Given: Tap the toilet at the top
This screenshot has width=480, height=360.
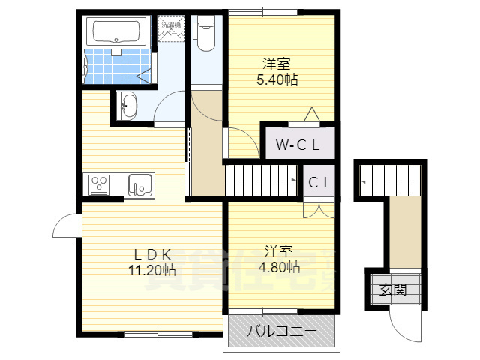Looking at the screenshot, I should point(204,34).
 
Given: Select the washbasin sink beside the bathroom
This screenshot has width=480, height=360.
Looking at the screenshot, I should point(128,105).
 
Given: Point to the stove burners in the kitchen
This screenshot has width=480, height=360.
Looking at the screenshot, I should point(100,184).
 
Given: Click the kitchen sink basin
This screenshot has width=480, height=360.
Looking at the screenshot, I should point(140,184).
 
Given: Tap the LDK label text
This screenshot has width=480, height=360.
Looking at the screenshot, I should point(153,253).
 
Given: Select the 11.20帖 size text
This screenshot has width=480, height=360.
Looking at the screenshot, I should point(153,268).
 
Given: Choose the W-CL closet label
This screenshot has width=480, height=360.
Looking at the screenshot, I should point(297,145).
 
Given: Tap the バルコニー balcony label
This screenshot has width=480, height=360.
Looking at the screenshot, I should point(281,331).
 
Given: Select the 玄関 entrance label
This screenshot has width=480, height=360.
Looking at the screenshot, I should point(393,289).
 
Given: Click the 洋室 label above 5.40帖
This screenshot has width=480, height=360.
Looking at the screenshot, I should point(277,64).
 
